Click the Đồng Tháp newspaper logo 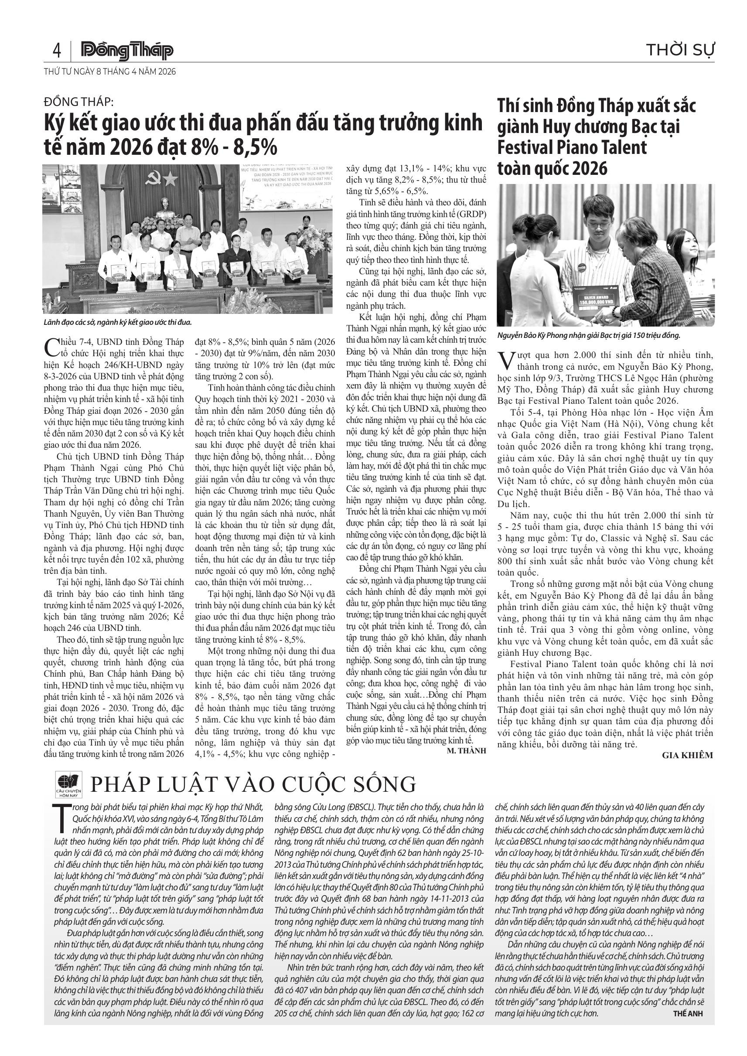click(127, 51)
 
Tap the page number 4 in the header click(57, 50)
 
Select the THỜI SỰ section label click(680, 50)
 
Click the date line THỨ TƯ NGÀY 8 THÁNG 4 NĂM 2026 click(109, 72)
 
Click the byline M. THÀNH click(466, 751)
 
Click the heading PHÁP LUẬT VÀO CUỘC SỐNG click(253, 784)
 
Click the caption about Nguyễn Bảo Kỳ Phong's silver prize click(588, 335)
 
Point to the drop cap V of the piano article click(505, 360)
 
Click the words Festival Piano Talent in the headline click(572, 148)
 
